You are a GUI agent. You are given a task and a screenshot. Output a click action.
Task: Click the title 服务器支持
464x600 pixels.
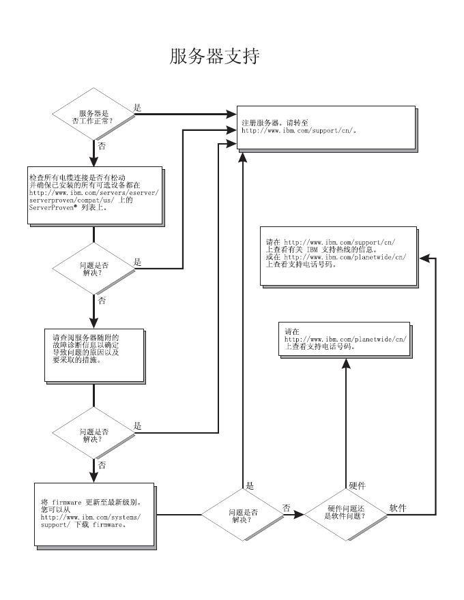click(x=214, y=56)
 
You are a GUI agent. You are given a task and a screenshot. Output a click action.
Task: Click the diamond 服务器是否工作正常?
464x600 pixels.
click(x=93, y=114)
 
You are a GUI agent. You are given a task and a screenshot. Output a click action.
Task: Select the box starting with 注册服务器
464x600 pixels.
click(x=326, y=127)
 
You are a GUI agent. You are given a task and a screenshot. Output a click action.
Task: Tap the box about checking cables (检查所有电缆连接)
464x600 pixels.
click(x=95, y=195)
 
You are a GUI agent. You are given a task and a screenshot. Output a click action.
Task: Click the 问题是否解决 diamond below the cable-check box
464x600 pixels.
click(x=93, y=269)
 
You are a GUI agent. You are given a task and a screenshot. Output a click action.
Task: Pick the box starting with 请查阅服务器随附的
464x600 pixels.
click(x=94, y=355)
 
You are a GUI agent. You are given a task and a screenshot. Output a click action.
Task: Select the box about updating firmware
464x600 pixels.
click(x=94, y=515)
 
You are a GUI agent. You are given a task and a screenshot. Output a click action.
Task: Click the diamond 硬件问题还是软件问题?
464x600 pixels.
click(x=346, y=514)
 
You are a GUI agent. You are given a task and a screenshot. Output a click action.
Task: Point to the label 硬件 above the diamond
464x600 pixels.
click(x=357, y=485)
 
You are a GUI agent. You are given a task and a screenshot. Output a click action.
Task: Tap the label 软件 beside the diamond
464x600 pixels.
click(x=398, y=508)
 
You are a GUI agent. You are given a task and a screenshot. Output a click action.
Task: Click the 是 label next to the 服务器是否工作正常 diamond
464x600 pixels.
click(x=137, y=108)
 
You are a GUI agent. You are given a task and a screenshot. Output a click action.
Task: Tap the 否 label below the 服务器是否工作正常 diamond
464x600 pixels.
click(x=102, y=146)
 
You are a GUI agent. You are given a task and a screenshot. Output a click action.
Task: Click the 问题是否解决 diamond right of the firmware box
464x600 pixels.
click(x=242, y=514)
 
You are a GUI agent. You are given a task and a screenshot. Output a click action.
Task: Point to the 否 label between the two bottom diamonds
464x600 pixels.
click(x=287, y=508)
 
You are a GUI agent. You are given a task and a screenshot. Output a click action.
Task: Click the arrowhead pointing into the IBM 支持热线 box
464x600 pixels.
click(x=424, y=258)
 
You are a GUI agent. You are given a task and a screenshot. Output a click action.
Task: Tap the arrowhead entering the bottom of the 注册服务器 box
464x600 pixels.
click(x=242, y=157)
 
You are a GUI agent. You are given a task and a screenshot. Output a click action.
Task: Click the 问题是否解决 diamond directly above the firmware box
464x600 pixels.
click(x=93, y=433)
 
